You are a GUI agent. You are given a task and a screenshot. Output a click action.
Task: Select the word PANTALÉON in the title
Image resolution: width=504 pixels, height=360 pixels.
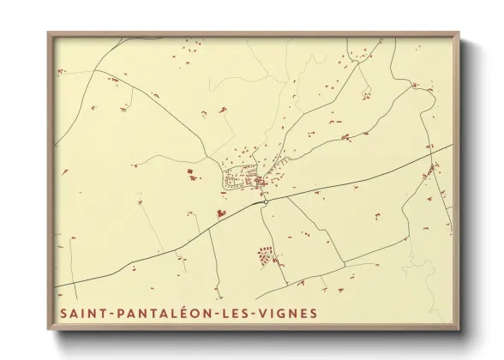[x=158, y=313]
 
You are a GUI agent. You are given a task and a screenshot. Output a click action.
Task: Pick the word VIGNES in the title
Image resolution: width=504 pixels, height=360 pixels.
[x=287, y=313]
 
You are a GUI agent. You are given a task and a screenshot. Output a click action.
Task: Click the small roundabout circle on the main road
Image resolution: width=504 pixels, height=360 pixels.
[x=266, y=203]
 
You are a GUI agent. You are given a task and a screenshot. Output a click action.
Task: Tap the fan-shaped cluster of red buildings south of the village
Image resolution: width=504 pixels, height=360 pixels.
[x=266, y=254]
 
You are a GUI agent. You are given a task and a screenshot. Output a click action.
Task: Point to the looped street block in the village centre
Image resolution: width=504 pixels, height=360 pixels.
[x=238, y=179]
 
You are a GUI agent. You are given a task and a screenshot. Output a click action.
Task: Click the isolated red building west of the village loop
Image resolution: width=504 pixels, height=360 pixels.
[x=190, y=174]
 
